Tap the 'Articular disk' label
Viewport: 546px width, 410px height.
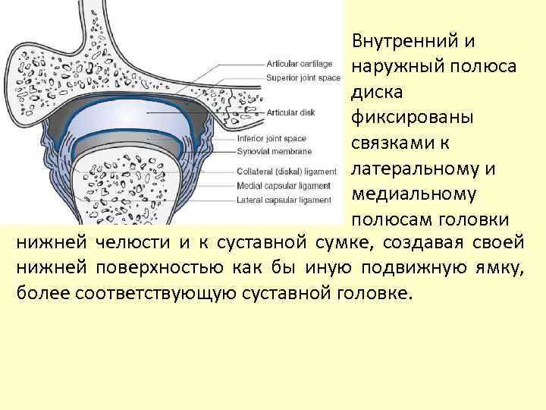coord(290,111)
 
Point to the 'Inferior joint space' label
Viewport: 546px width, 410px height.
coord(271,139)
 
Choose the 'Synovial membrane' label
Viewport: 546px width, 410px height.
coord(273,150)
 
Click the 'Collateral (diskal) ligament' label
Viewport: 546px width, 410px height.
coord(286,172)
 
